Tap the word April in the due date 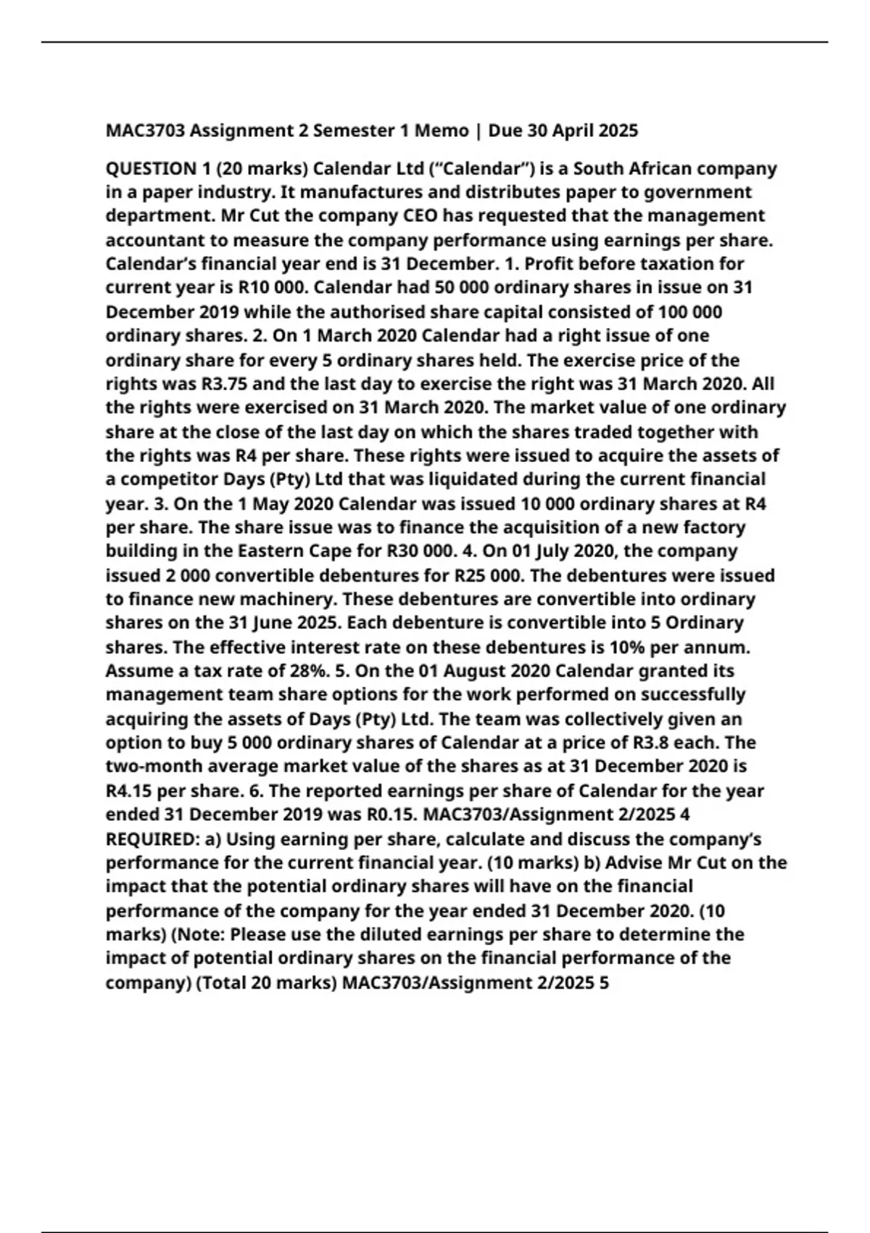pyautogui.click(x=575, y=131)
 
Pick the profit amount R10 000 pyautogui.click(x=273, y=288)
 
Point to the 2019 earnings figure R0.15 pyautogui.click(x=387, y=815)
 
